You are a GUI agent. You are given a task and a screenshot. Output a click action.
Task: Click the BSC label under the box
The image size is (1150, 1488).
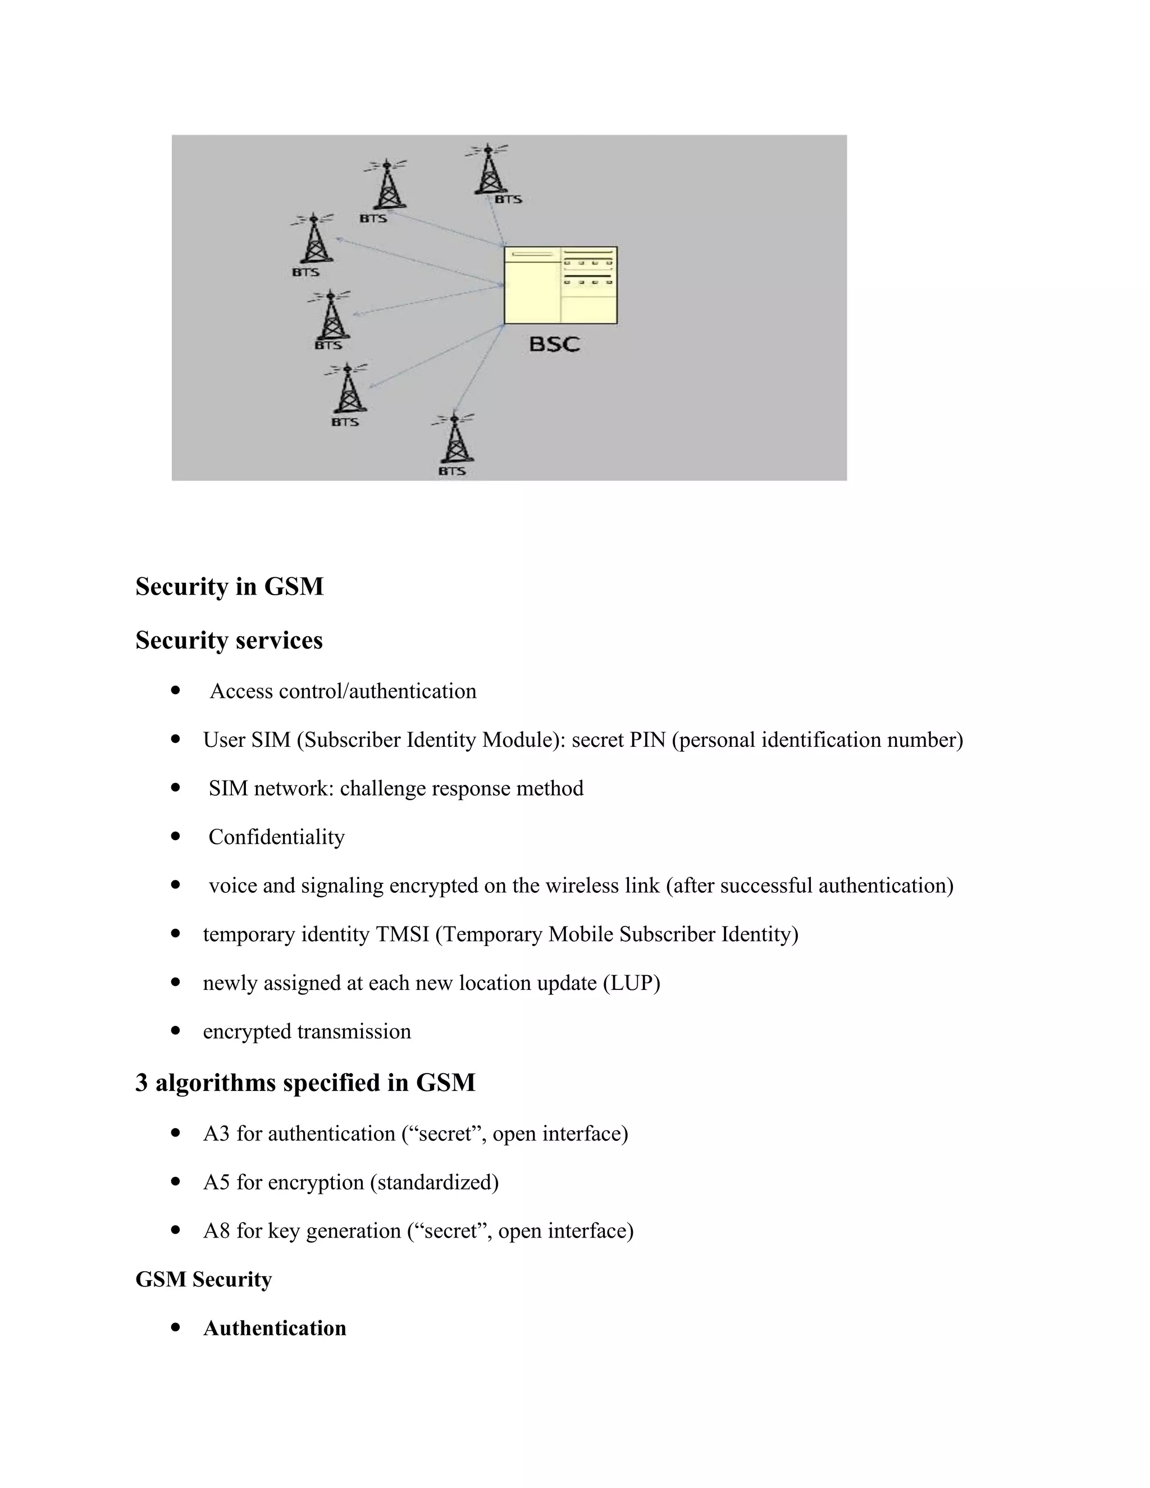tap(554, 344)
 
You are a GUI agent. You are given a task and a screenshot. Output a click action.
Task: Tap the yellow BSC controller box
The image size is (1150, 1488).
tap(560, 285)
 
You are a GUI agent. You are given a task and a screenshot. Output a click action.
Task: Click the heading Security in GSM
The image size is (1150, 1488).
tap(229, 587)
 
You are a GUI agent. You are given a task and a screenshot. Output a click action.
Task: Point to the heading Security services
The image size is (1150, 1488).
tap(229, 641)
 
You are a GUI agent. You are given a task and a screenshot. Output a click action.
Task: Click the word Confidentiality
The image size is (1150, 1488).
tap(277, 837)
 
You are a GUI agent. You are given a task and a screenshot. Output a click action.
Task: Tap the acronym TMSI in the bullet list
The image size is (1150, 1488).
tap(402, 934)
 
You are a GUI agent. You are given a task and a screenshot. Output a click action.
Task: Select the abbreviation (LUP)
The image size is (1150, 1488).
tap(632, 983)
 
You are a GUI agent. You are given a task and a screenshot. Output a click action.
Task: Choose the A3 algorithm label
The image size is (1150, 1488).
tap(217, 1134)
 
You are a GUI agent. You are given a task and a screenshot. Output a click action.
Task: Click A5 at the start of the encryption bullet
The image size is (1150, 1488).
tap(217, 1182)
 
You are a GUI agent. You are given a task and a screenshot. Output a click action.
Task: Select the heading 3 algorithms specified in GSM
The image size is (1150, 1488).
tap(305, 1083)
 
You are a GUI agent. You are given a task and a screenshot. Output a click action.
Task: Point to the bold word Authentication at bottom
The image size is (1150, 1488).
tap(275, 1329)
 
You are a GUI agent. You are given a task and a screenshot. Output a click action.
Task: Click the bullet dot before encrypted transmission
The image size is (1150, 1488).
tap(176, 1031)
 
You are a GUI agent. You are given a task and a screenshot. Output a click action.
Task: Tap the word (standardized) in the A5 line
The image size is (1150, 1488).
tap(434, 1182)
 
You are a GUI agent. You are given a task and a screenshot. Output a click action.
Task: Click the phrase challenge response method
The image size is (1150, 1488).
tap(461, 788)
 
